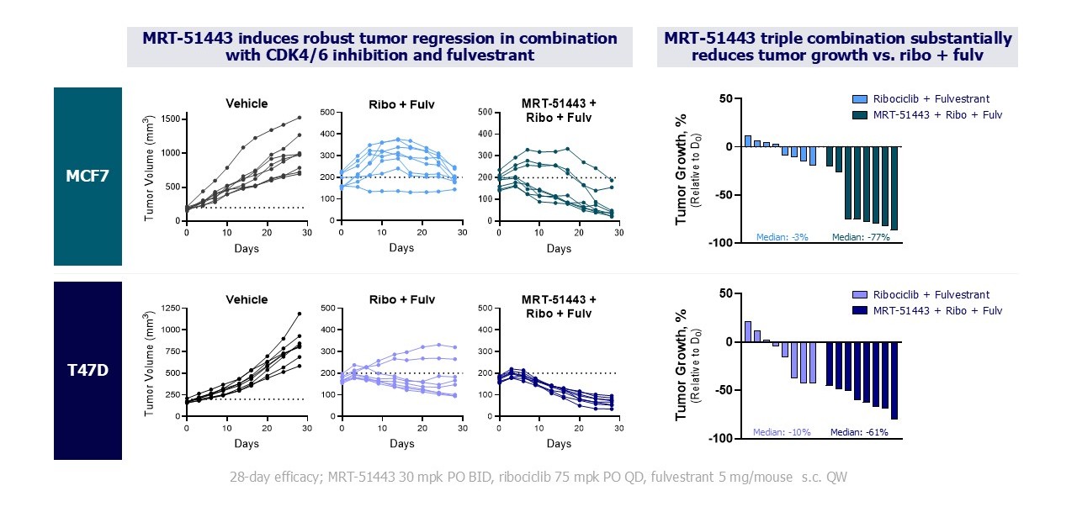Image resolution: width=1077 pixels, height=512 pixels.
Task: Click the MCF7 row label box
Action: point(88,176)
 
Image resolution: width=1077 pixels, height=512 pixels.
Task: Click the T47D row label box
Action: point(88,370)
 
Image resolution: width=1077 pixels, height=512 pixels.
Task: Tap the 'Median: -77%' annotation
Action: point(859,237)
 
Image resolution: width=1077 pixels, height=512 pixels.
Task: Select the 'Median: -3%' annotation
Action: point(783,237)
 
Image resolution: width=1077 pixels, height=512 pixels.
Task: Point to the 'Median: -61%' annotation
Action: point(859,432)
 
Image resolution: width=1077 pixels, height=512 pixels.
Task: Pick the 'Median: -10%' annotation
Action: point(783,432)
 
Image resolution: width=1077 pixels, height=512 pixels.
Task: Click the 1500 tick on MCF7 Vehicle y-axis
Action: point(169,119)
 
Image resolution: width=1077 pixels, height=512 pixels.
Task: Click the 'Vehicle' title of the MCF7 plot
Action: point(247,103)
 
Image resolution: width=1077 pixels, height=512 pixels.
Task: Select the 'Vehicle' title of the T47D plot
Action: point(247,299)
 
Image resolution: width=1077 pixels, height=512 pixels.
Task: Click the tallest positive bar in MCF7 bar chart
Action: point(747,141)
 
